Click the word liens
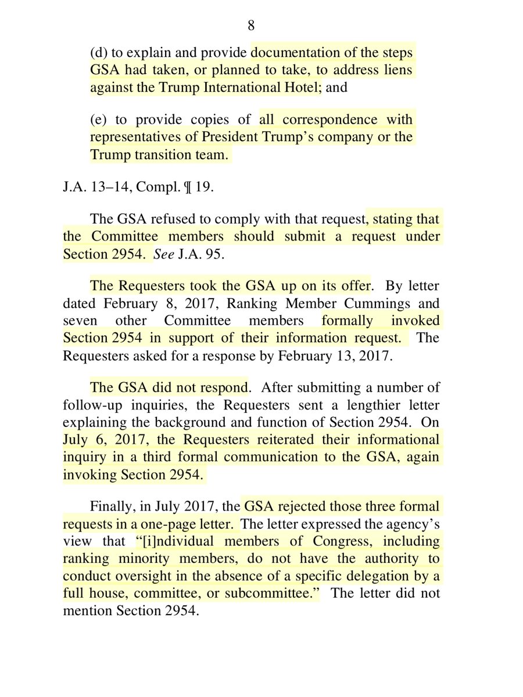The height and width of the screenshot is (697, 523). pyautogui.click(x=398, y=70)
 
